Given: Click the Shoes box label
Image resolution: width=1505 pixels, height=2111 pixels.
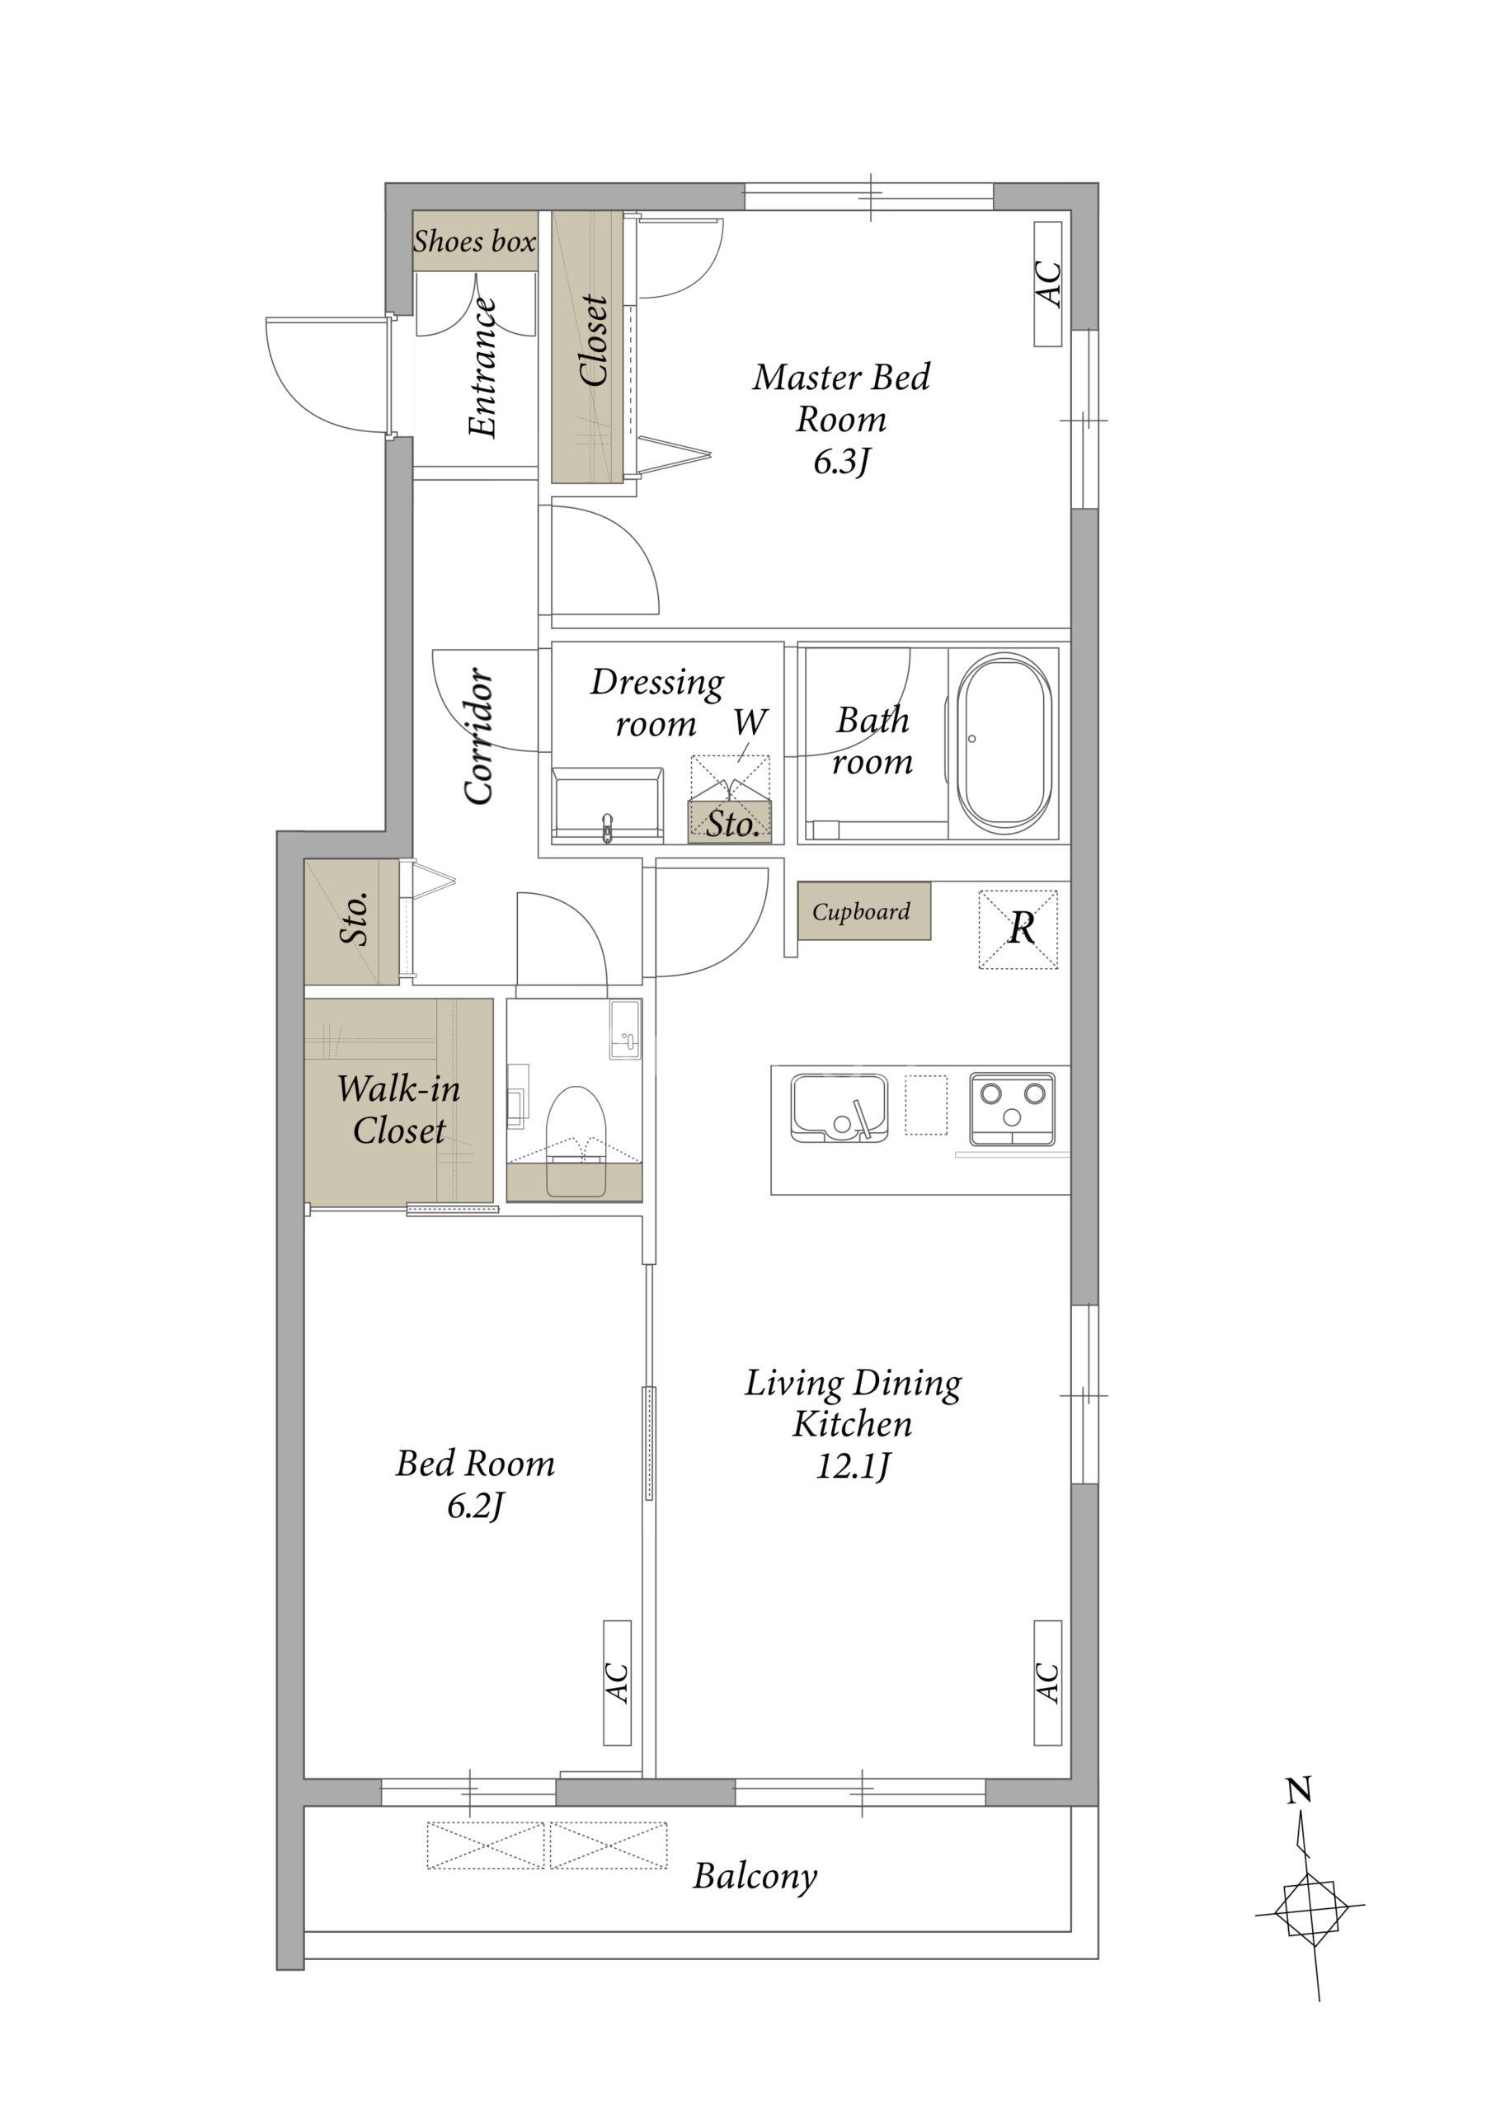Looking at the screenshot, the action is pos(474,242).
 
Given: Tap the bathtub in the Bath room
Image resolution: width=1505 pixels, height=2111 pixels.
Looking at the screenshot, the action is pos(1004,744).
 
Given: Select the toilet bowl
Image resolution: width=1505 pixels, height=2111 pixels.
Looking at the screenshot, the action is pos(576,1140).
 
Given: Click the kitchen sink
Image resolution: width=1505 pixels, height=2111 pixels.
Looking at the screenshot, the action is pos(839,1107).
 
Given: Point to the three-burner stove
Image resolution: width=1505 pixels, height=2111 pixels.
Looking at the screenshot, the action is pos(1012,1109).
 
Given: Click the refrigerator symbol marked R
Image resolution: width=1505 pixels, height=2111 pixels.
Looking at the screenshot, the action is pos(1018,929).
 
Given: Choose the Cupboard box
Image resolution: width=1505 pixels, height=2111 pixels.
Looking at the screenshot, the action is pos(863,911).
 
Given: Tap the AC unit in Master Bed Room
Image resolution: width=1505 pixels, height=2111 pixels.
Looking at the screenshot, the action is pos(1048,284).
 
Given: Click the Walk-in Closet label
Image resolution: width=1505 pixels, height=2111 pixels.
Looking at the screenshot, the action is pos(398,1109).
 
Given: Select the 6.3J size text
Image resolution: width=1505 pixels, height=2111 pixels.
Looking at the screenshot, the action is pos(841,461).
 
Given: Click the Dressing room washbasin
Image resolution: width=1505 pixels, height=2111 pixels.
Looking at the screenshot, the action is pos(608,804).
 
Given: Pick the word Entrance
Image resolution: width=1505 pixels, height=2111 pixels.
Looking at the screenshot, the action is pos(482,367).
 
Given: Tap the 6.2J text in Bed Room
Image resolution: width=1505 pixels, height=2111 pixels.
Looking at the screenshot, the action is pos(475,1506).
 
